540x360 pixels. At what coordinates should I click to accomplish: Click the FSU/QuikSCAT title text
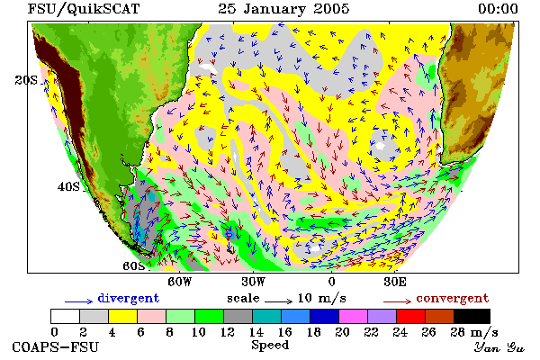(x=84, y=9)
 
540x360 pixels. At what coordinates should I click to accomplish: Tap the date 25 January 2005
(x=283, y=9)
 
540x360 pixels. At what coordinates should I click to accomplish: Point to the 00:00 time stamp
(x=498, y=9)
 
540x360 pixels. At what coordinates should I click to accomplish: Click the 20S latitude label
(x=26, y=80)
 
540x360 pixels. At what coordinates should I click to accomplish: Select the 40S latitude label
(x=68, y=186)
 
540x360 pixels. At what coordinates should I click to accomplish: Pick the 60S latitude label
(x=134, y=266)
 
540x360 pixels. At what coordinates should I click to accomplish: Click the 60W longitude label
(x=179, y=282)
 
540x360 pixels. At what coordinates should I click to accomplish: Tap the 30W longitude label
(x=254, y=282)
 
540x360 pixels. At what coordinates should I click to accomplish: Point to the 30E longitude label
(x=395, y=282)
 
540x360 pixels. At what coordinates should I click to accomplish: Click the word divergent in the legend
(x=129, y=298)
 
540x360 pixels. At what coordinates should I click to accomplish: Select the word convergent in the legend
(x=453, y=298)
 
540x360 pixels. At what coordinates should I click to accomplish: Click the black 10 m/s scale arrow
(x=279, y=301)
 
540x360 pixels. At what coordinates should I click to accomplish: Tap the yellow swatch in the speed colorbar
(x=122, y=316)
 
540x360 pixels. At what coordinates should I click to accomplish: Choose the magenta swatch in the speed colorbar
(x=353, y=316)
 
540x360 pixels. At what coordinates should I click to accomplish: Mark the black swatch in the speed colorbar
(x=472, y=316)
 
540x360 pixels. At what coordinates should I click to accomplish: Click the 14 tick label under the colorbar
(x=256, y=332)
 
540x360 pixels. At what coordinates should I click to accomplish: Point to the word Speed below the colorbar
(x=270, y=346)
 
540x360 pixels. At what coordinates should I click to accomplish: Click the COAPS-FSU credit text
(x=56, y=346)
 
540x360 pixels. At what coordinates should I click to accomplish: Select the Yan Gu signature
(x=499, y=347)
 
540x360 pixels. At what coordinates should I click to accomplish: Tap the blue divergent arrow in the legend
(x=78, y=301)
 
